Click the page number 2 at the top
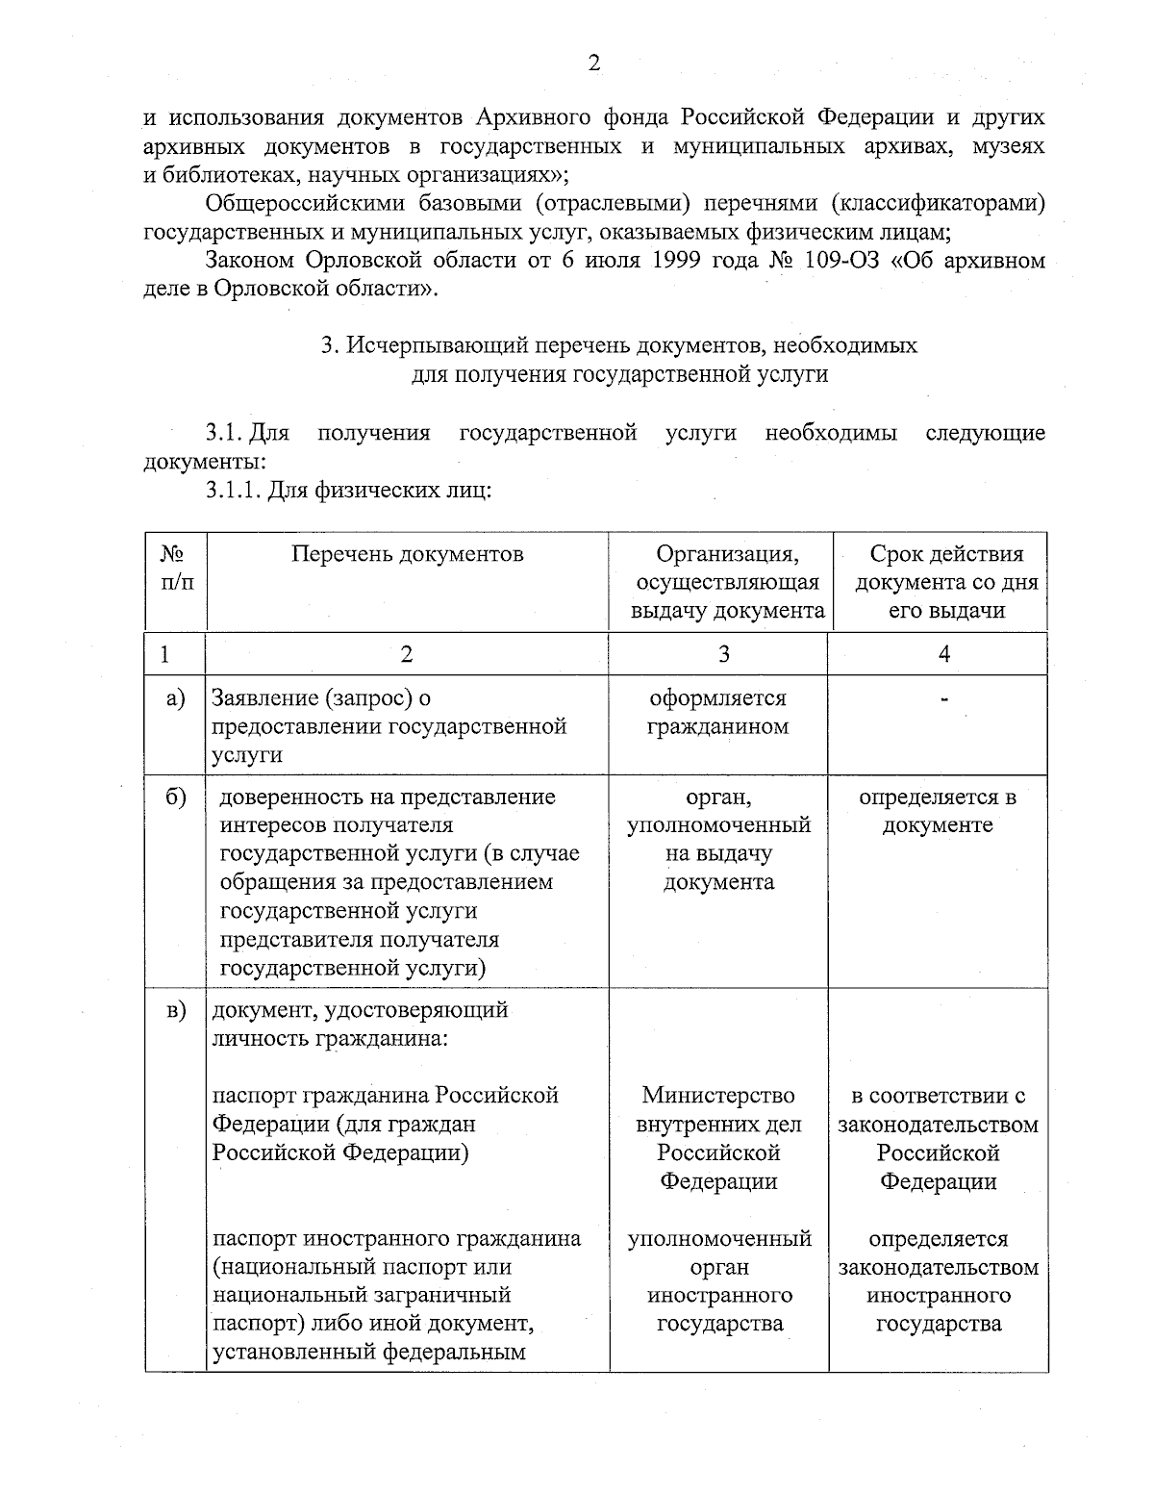[x=593, y=64]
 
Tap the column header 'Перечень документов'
[x=408, y=554]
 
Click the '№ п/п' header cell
[x=173, y=569]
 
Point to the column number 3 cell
[x=723, y=654]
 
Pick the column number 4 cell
[x=943, y=654]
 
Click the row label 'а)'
[x=174, y=698]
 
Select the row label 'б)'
[x=174, y=798]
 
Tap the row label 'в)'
[x=174, y=1011]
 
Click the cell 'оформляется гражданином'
[x=717, y=713]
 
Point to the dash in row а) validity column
[x=943, y=700]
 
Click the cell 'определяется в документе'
[x=938, y=812]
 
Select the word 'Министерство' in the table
[x=718, y=1096]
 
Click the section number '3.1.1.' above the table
[x=232, y=492]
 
